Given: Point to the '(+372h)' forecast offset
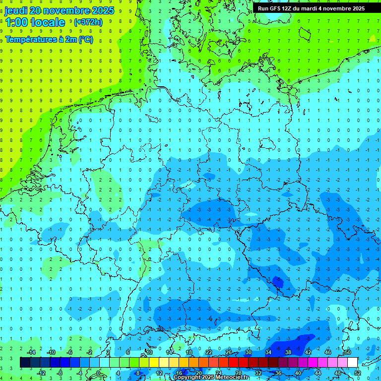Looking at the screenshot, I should click(88, 22).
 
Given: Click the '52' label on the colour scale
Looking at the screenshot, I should click(358, 373).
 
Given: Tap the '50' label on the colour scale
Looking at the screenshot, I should click(348, 352).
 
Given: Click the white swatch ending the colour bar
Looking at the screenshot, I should click(353, 362).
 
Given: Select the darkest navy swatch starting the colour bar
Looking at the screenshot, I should click(25, 362).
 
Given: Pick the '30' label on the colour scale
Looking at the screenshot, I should click(249, 352).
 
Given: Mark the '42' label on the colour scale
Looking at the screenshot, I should click(308, 352).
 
